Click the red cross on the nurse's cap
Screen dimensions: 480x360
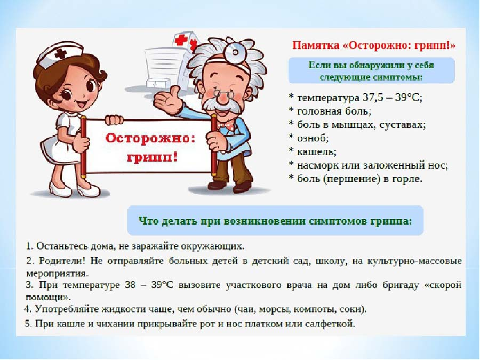(x=61, y=54)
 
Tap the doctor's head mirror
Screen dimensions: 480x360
(x=235, y=52)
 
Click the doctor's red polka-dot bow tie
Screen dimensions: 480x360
(x=225, y=125)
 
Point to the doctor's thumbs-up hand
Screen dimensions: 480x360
(x=168, y=100)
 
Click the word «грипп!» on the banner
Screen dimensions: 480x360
(x=152, y=158)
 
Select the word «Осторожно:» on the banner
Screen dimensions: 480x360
(x=150, y=138)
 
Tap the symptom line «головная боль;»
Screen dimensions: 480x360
(x=334, y=111)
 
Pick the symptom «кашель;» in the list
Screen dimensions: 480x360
(x=317, y=151)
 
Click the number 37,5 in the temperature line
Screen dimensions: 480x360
(x=373, y=98)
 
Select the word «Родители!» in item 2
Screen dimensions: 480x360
(x=62, y=261)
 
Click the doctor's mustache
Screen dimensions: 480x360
(x=220, y=106)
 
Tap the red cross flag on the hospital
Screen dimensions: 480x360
(x=181, y=40)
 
